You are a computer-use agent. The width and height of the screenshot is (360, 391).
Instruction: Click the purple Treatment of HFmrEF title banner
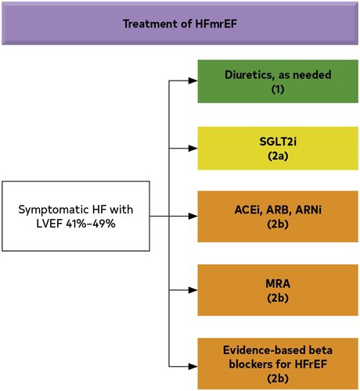pos(179,23)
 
